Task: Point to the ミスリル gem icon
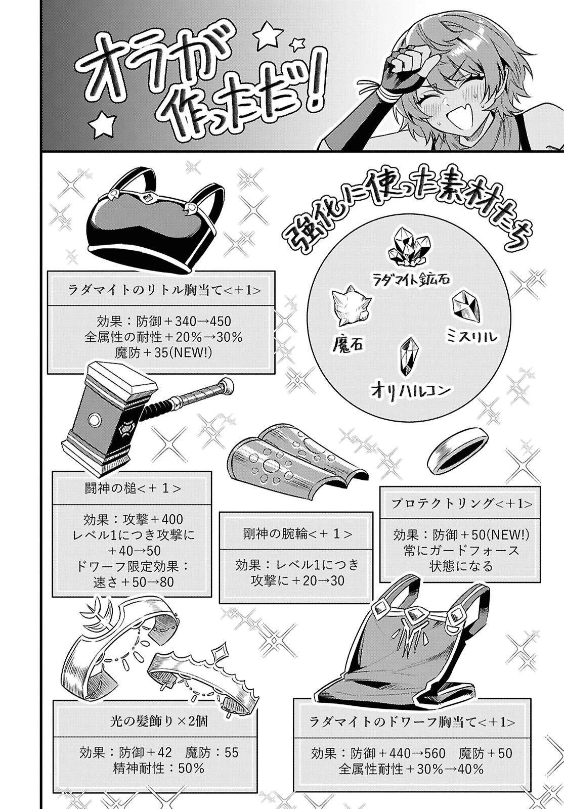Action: click(x=466, y=308)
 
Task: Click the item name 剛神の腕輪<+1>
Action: click(x=295, y=534)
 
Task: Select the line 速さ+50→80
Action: click(x=134, y=582)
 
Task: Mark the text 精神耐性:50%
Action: click(x=158, y=769)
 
